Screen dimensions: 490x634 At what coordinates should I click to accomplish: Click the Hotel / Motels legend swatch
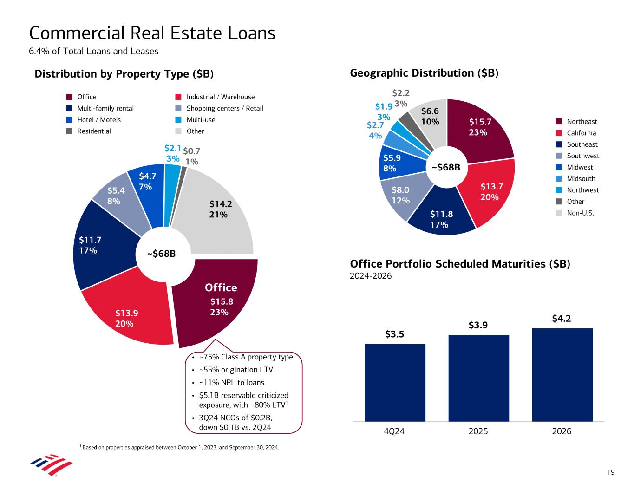(69, 120)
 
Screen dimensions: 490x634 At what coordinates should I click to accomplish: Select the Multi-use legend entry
(201, 120)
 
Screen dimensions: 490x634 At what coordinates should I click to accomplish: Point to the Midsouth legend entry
(581, 179)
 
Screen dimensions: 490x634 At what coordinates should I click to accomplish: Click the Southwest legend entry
(583, 156)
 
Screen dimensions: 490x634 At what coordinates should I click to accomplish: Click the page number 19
(611, 472)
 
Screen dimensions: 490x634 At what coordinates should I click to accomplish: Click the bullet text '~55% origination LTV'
(235, 370)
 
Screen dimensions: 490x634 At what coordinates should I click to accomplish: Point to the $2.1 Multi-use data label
(172, 148)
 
